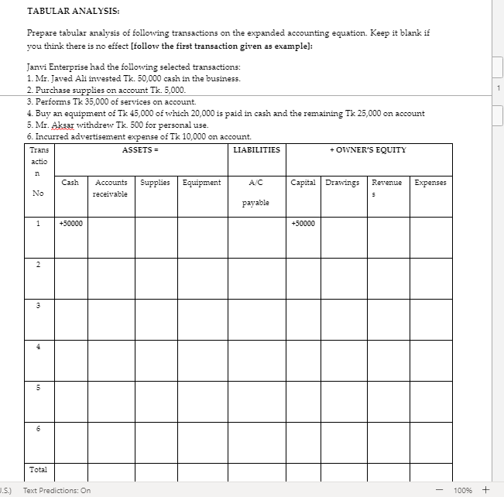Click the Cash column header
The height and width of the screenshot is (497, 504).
[x=70, y=183]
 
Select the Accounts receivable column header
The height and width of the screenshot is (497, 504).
[x=111, y=188]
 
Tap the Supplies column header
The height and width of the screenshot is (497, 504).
[x=156, y=183]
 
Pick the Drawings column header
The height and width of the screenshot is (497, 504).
[x=342, y=183]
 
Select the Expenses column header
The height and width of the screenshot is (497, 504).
[x=430, y=183]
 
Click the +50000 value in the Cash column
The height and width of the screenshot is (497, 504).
[x=71, y=223]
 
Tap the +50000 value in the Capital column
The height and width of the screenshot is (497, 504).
[x=303, y=223]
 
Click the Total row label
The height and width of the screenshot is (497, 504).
[x=38, y=469]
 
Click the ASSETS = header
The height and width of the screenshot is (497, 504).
[x=138, y=149]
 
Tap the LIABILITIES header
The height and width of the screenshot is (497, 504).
[x=256, y=149]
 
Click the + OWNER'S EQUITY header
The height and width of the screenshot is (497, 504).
[x=368, y=149]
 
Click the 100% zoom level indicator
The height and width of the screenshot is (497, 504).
[x=464, y=490]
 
